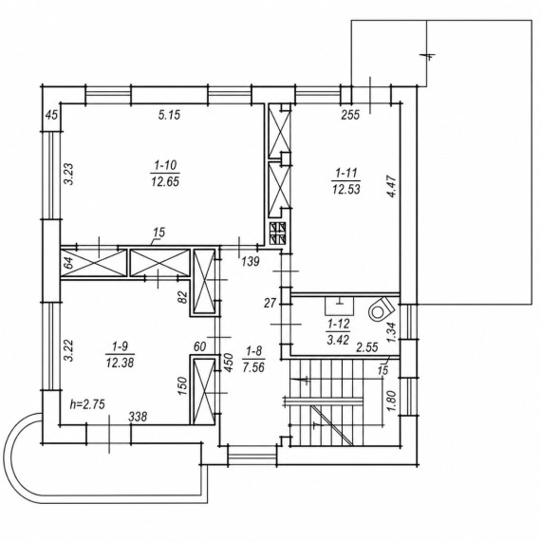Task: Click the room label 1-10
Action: click(165, 166)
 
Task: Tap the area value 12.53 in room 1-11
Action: click(346, 190)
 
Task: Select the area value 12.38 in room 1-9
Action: click(120, 363)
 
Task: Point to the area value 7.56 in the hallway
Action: click(253, 367)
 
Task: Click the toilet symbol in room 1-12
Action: click(381, 309)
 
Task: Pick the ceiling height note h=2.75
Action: click(87, 404)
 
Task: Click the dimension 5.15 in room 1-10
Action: click(169, 115)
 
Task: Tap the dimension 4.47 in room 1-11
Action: click(392, 186)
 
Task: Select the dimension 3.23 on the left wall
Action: click(69, 174)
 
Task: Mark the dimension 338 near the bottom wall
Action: click(138, 417)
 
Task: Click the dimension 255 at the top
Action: click(350, 115)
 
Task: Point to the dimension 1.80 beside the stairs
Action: click(392, 401)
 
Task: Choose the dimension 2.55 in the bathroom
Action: click(367, 347)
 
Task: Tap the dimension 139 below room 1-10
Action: click(251, 262)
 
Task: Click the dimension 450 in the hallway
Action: click(229, 362)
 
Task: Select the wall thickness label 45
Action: click(52, 115)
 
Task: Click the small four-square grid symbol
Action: click(278, 233)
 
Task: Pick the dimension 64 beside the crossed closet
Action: click(68, 263)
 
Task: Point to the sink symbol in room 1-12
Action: click(340, 306)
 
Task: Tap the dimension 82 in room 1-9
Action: click(183, 297)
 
